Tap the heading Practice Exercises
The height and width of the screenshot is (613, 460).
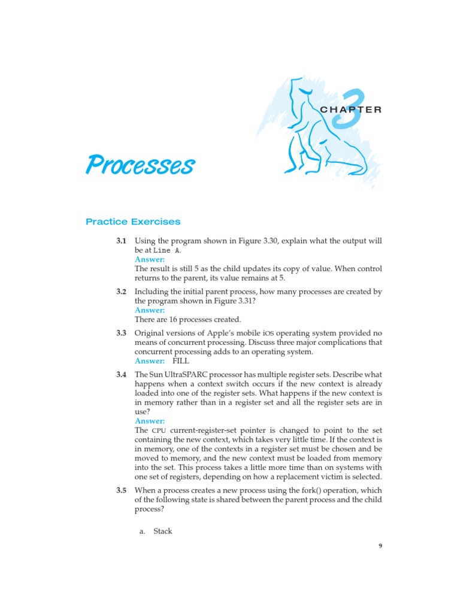tap(133, 221)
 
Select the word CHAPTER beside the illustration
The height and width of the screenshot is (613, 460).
tap(351, 110)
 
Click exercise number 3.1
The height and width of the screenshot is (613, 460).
tap(121, 241)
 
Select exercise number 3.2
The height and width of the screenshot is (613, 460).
tap(121, 292)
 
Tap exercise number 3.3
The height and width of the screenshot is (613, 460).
tap(121, 333)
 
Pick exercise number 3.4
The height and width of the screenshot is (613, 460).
tap(121, 374)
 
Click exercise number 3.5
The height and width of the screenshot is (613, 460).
tap(121, 490)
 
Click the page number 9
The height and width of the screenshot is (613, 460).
tap(380, 545)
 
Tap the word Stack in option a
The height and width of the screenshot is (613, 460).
tap(163, 531)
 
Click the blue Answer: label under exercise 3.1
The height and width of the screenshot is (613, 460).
tap(150, 259)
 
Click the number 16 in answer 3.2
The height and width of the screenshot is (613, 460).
tap(167, 319)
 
